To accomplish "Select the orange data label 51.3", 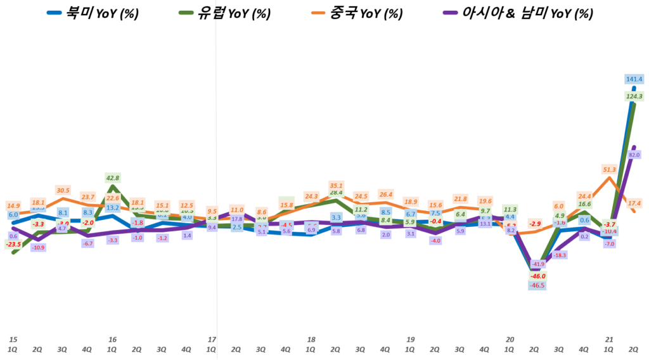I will point(610,169).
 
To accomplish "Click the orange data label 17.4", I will point(634,203).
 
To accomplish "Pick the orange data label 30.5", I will point(63,190).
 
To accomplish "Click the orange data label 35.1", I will point(336,186).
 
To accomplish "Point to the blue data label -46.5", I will point(537,286).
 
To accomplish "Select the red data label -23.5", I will point(13,244).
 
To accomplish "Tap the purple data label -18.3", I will point(560,255).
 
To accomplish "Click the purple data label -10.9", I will point(38,248).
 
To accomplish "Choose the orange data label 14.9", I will point(13,206).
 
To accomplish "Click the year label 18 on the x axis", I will point(311,340).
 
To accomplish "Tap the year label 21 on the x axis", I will point(610,340).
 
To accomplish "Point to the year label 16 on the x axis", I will point(113,340).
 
